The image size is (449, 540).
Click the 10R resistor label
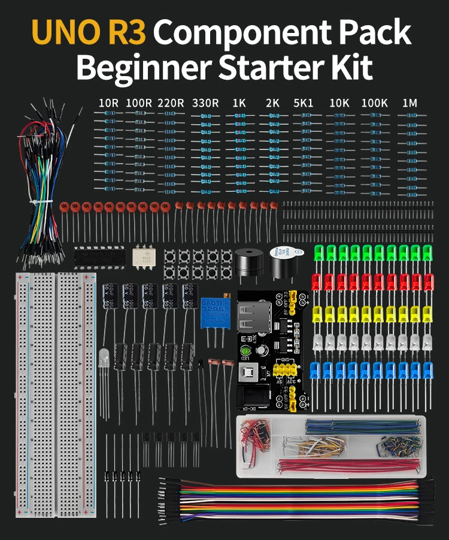pos(108,103)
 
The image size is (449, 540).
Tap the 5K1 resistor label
pos(303,103)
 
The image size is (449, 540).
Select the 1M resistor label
pos(409,103)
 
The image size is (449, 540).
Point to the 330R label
pos(205,103)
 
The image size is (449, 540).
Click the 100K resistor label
pos(374,103)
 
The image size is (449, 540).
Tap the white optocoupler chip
pos(144,256)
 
